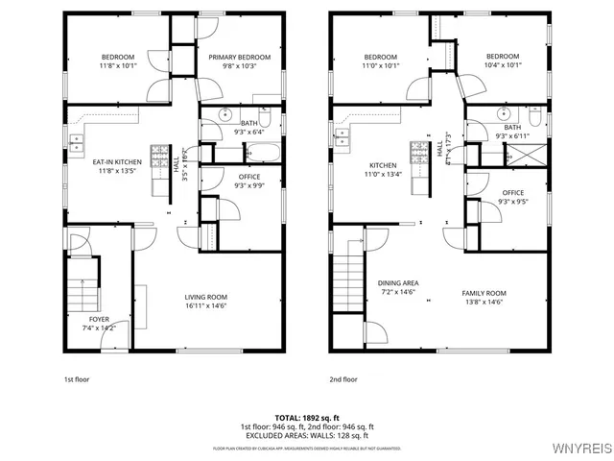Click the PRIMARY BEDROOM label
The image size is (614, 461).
(240, 58)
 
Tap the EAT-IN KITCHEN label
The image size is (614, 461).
(117, 162)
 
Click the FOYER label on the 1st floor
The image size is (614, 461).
(100, 319)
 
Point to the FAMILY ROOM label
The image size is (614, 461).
(484, 293)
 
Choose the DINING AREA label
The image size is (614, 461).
(397, 283)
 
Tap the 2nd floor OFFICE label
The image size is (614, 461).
(513, 193)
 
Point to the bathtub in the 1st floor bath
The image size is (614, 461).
(262, 152)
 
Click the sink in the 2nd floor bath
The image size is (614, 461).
(506, 113)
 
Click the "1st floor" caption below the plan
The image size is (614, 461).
(78, 379)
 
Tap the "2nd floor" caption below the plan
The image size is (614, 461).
(342, 379)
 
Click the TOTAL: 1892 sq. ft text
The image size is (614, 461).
(307, 418)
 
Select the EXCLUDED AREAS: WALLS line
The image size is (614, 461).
(307, 434)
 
